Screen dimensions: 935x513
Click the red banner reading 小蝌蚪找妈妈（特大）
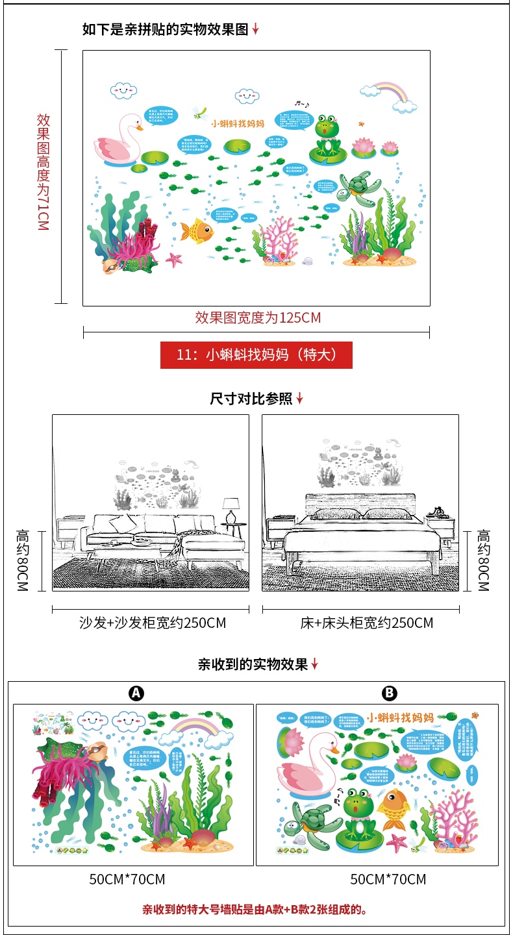point(256,355)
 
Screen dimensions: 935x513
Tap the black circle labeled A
point(136,693)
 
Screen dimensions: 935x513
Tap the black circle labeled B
point(389,693)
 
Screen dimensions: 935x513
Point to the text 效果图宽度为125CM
point(258,318)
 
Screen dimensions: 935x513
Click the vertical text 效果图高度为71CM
point(44,172)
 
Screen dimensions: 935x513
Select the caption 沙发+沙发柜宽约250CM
point(153,623)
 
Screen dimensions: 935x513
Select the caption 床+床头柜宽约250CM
point(366,623)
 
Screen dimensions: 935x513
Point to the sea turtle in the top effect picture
point(355,186)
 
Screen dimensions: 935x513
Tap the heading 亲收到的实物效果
point(253,664)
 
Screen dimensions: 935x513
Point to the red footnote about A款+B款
point(256,909)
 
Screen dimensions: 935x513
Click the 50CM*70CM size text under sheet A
point(127,879)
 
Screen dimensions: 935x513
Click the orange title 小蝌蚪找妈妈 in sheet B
point(400,717)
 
